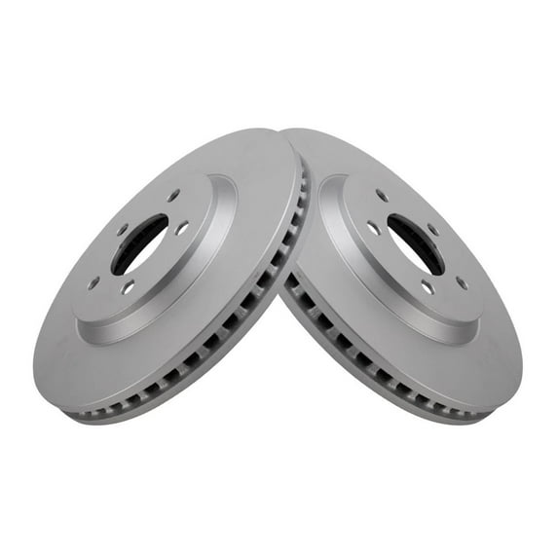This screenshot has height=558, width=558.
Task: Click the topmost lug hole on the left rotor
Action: pyautogui.click(x=173, y=196)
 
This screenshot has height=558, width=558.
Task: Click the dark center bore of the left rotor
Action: pyautogui.click(x=139, y=243)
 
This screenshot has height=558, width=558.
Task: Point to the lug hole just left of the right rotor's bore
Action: pyautogui.click(x=372, y=228)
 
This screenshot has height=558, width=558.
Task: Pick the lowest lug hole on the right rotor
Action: pyautogui.click(x=427, y=287)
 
